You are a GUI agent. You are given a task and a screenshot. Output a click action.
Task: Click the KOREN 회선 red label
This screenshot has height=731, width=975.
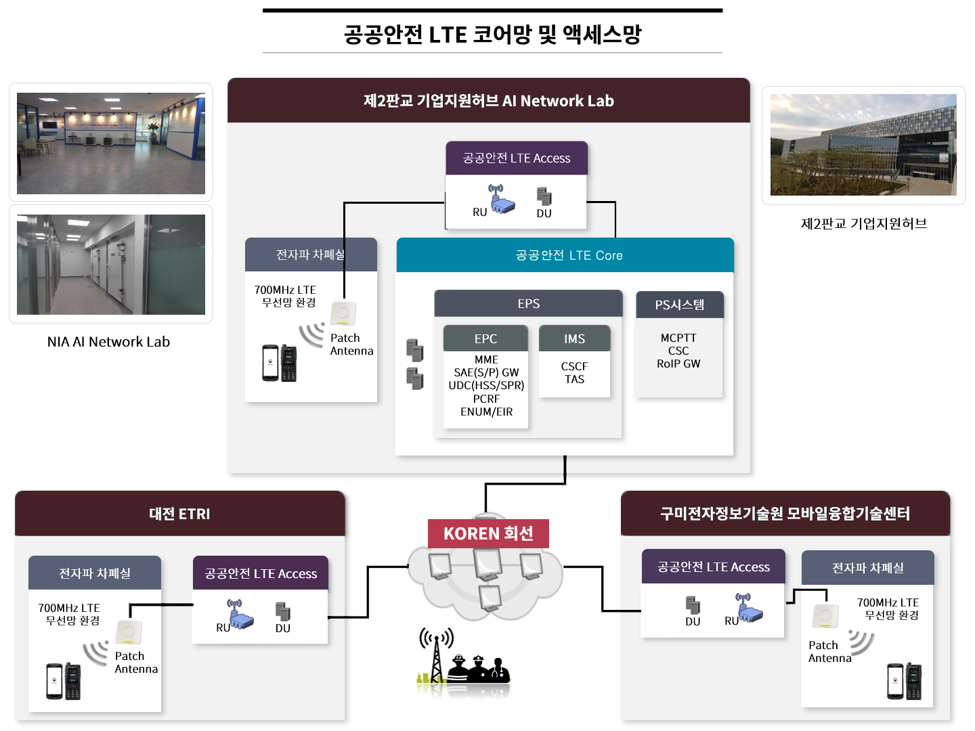(x=488, y=533)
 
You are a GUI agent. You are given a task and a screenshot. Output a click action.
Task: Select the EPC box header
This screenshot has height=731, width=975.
(x=485, y=338)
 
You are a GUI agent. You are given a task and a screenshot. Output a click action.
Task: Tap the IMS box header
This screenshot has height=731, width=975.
(x=574, y=338)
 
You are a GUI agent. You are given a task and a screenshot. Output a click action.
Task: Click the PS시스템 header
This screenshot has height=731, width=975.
(x=679, y=305)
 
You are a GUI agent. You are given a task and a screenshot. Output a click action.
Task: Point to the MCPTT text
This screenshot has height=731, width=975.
(x=678, y=338)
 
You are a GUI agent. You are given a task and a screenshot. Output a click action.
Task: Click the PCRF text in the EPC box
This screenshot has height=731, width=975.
(x=486, y=399)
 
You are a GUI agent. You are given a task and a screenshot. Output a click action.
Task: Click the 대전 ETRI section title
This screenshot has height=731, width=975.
(x=179, y=514)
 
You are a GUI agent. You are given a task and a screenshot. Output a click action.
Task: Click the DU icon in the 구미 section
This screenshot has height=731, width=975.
(x=693, y=604)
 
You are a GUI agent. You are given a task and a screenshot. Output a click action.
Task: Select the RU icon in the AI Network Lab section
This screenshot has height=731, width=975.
(x=500, y=199)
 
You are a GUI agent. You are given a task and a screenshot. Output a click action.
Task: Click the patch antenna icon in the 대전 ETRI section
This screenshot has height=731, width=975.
(x=129, y=632)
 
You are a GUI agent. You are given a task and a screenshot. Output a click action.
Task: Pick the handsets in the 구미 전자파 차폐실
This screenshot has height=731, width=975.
(x=905, y=681)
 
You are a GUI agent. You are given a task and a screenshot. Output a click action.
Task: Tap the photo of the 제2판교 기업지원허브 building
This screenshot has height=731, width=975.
(x=863, y=145)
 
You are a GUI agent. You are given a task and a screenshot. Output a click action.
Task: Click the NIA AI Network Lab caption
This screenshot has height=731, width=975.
(x=108, y=342)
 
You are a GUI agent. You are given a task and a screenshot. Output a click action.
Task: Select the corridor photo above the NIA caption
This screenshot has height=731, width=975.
(x=111, y=265)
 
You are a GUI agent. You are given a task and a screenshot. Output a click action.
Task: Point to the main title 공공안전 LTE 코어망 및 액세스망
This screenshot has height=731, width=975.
(x=492, y=34)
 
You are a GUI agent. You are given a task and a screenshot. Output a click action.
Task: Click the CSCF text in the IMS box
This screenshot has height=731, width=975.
(x=574, y=366)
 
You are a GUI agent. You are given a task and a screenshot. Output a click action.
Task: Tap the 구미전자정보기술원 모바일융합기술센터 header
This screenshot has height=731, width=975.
(x=785, y=514)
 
